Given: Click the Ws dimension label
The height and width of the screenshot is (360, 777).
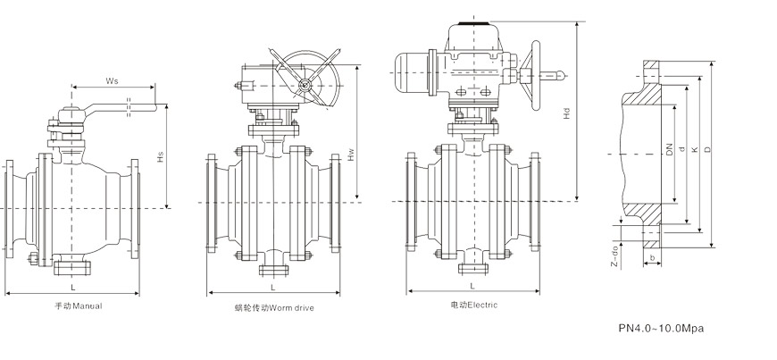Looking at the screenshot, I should click(x=113, y=80).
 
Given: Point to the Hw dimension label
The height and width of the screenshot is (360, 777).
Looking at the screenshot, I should click(x=351, y=154).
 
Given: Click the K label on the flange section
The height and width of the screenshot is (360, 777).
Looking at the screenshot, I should click(x=694, y=150).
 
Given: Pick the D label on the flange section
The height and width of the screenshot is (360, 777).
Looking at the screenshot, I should click(x=707, y=150).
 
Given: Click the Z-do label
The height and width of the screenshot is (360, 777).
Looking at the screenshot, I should click(x=614, y=254).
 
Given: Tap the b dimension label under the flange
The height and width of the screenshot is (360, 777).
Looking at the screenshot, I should click(x=654, y=258).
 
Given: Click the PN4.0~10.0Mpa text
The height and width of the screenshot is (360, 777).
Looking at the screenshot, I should click(x=662, y=329).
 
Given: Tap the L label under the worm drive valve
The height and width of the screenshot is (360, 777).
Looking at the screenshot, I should click(x=272, y=286).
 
